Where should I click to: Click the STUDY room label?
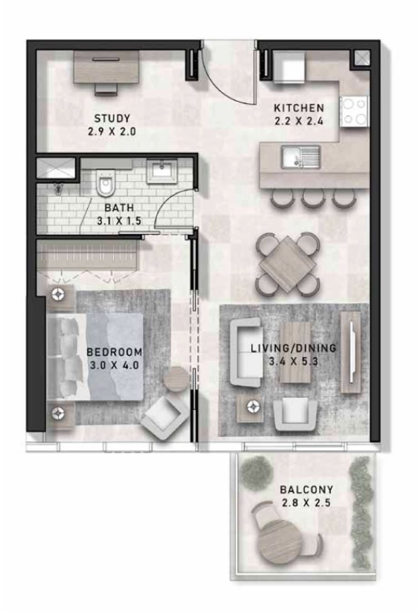112,118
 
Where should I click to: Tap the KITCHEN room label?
298,107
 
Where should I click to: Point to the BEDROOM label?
114,352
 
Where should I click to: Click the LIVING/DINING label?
293,349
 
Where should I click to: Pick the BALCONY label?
306,490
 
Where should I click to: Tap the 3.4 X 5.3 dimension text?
293,361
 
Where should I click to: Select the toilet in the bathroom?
104,183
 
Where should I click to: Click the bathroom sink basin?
162,170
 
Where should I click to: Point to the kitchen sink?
300,156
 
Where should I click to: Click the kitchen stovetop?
354,112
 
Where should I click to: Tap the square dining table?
288,263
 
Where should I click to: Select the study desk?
107,67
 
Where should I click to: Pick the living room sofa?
244,353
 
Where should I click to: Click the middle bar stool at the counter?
313,197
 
